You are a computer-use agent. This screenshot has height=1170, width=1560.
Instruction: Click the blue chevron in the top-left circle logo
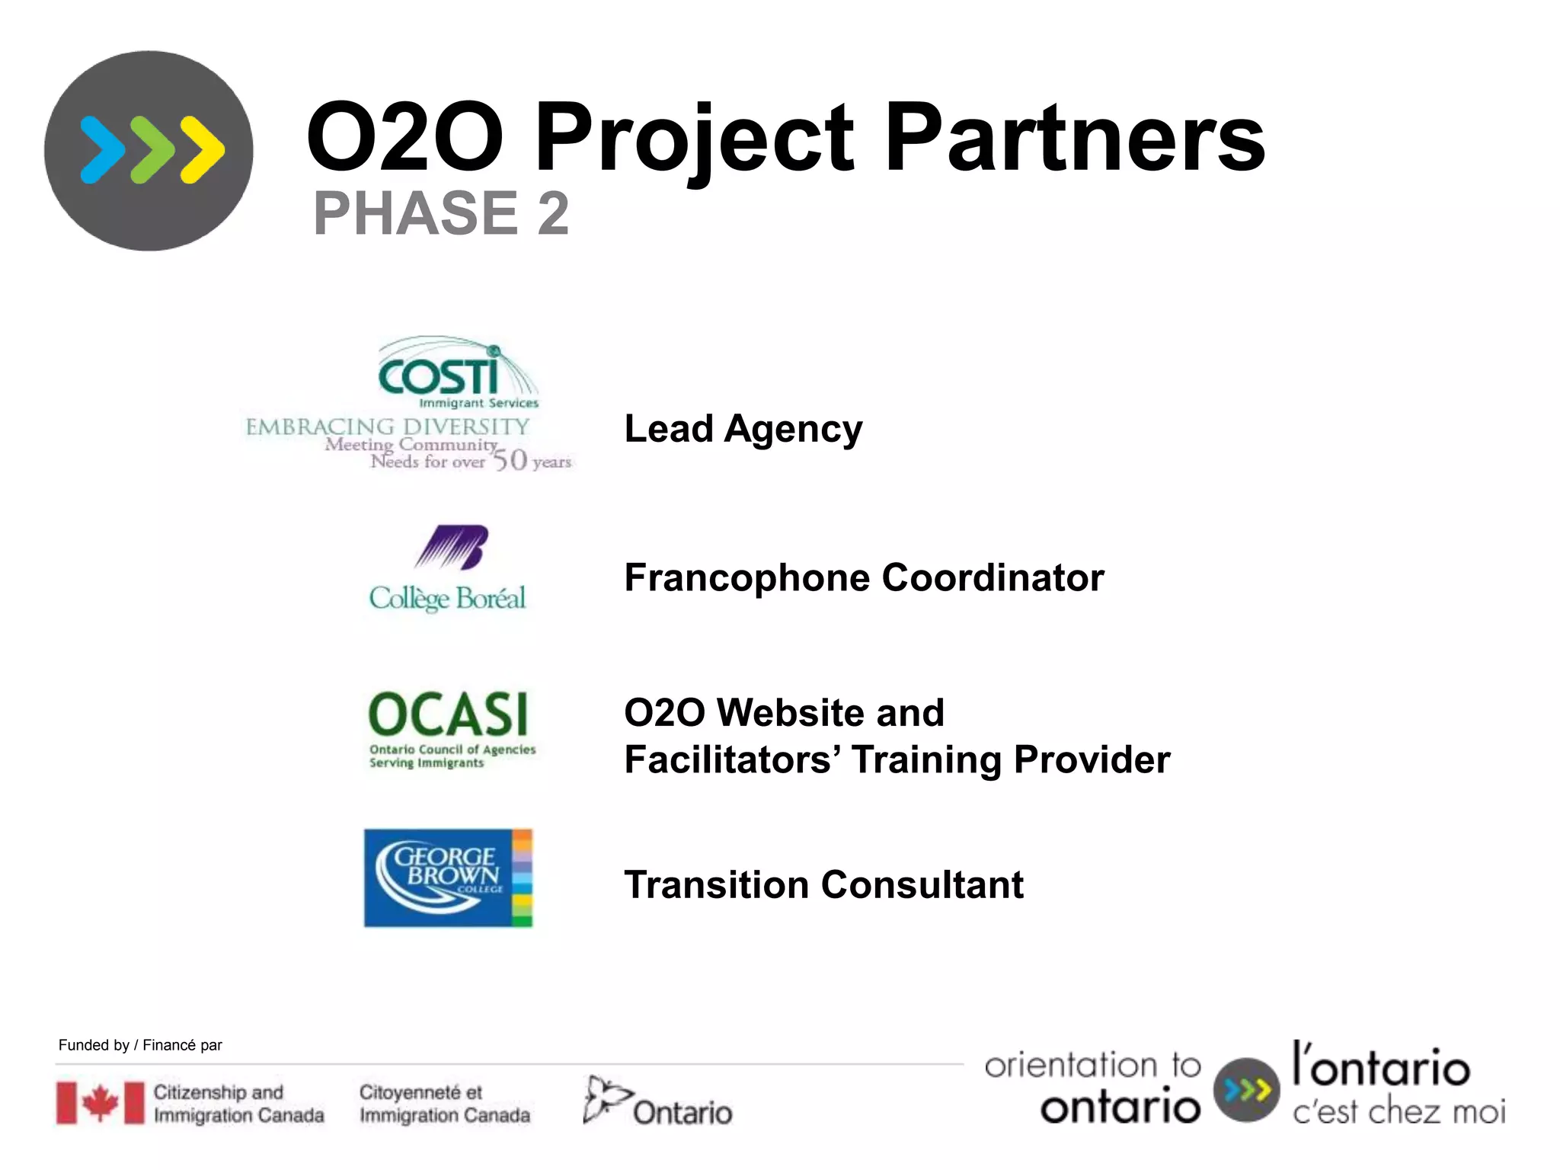click(x=103, y=150)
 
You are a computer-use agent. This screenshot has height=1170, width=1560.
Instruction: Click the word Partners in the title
click(x=1074, y=139)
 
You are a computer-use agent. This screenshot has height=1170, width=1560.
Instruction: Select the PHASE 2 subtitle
click(x=441, y=213)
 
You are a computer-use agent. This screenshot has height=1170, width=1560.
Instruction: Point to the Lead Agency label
click(x=743, y=429)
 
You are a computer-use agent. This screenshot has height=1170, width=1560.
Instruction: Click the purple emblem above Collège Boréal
click(x=452, y=547)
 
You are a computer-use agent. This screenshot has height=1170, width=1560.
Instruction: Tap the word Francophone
click(x=746, y=577)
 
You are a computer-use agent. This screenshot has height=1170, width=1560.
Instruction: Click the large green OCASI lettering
click(x=448, y=715)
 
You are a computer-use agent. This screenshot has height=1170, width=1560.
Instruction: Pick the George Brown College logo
click(x=448, y=877)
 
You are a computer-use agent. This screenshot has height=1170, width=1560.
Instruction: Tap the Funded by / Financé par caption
click(x=140, y=1045)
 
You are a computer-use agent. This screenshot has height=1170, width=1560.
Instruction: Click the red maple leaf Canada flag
click(x=100, y=1103)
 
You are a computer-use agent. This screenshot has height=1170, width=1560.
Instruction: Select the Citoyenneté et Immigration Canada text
click(x=444, y=1104)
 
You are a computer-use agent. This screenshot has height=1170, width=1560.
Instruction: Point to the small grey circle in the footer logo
click(x=1246, y=1090)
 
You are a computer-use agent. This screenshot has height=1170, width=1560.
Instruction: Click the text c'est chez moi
click(x=1399, y=1112)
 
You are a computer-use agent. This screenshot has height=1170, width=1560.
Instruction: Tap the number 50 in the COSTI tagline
click(x=510, y=460)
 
